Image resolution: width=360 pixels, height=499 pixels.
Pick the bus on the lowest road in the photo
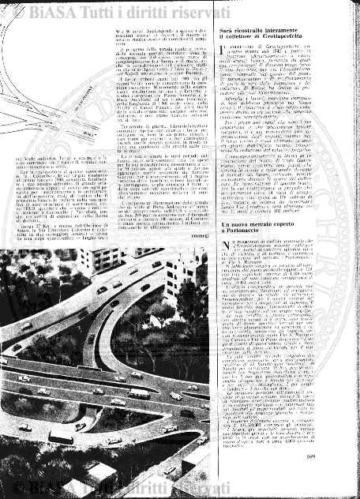coord(61,437)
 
